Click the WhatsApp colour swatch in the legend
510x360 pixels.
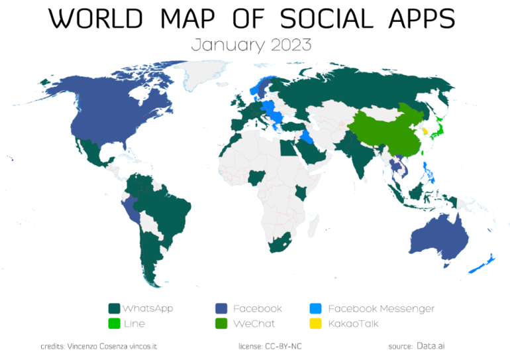(114, 308)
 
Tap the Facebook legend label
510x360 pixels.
(257, 308)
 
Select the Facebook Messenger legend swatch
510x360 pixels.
(316, 308)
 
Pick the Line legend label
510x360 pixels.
(134, 324)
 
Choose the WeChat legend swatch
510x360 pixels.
(221, 324)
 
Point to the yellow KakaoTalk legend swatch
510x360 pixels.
(316, 324)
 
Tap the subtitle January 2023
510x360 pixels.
(251, 45)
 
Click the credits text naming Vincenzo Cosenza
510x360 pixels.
(99, 346)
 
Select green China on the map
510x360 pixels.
(384, 129)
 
